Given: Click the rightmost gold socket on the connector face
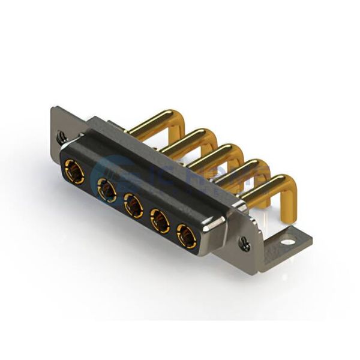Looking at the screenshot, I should pyautogui.click(x=187, y=238).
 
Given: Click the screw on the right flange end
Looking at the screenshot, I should pyautogui.click(x=245, y=243).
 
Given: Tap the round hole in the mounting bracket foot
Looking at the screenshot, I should pyautogui.click(x=289, y=244).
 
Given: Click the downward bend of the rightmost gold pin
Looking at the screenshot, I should pyautogui.click(x=290, y=192).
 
